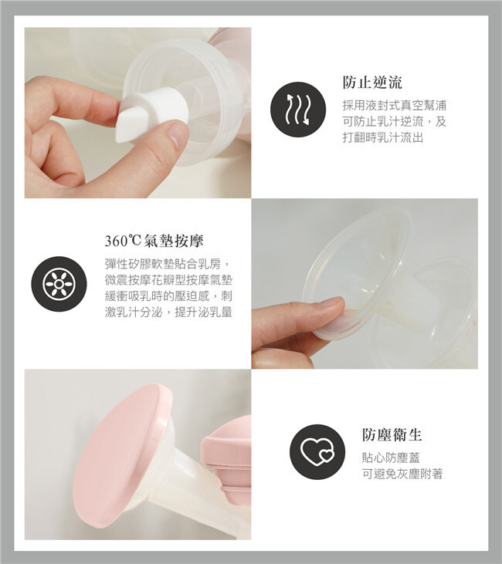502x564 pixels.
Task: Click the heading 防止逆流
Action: pos(372,83)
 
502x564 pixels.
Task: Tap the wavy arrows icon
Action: pos(298,110)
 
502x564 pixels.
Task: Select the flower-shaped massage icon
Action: pos(59,284)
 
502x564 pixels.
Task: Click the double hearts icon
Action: pos(317,452)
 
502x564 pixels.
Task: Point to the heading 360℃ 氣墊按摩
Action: pos(154,241)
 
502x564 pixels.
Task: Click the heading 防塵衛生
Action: pos(392,434)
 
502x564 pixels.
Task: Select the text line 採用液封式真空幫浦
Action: pos(395,106)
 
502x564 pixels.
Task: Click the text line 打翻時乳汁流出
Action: pos(383,137)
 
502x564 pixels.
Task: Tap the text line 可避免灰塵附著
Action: pos(402,474)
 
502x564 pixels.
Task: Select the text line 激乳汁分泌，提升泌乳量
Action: pos(168,312)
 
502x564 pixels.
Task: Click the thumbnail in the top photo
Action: pos(177,132)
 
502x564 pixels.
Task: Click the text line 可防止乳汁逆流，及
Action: pos(395,121)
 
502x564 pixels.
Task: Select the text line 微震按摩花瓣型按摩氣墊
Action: pos(168,280)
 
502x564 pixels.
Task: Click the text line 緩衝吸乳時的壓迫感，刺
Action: pos(168,296)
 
